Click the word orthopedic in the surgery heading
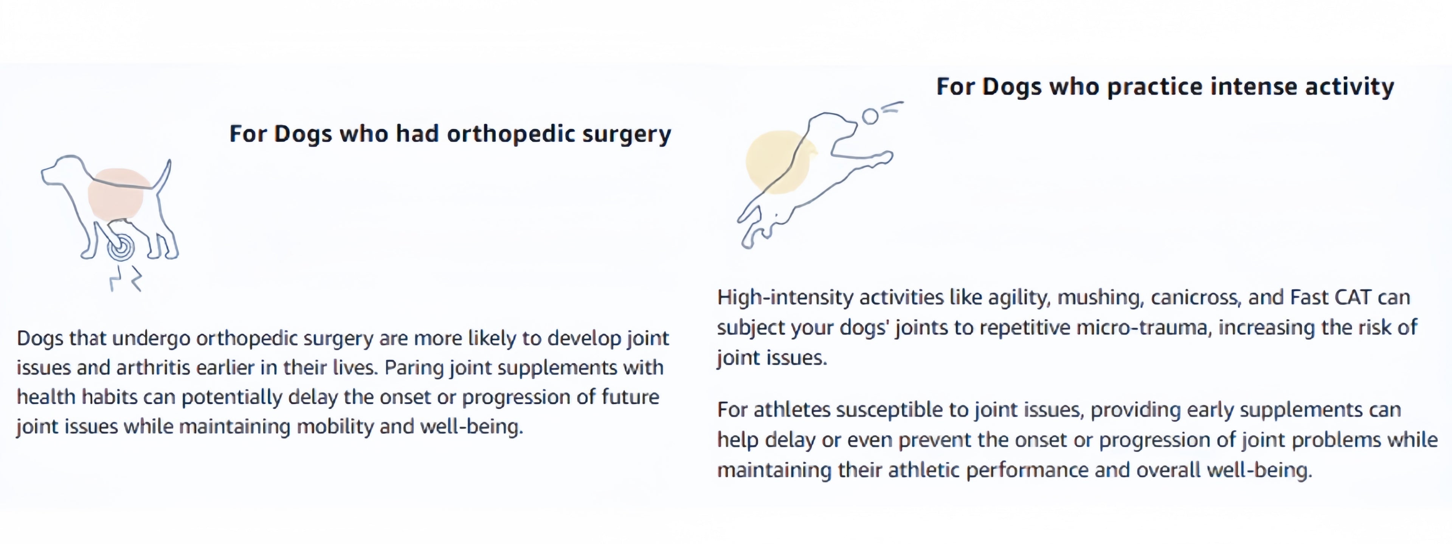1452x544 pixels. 511,134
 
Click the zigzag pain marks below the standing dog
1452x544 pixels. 125,278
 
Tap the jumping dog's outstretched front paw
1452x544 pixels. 883,158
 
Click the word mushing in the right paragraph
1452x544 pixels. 1100,297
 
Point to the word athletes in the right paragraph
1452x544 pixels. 792,410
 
